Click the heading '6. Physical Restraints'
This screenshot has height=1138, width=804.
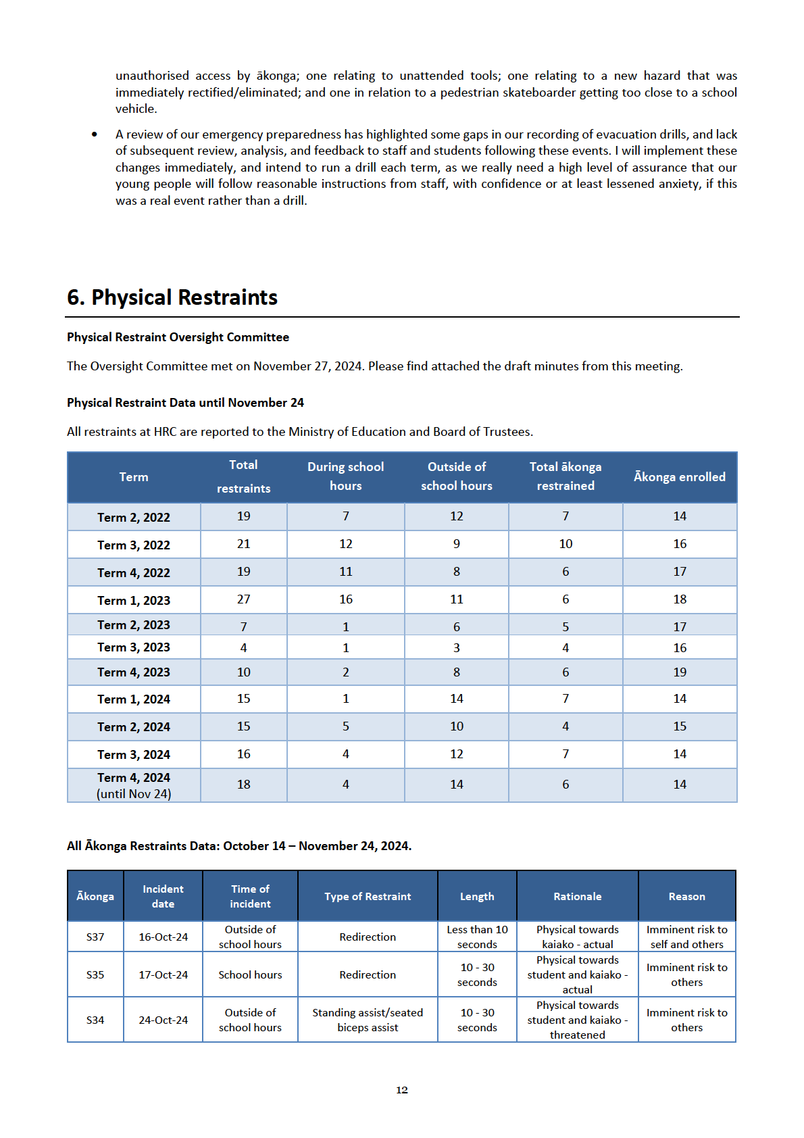pyautogui.click(x=172, y=297)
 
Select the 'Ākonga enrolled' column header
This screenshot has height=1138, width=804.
pyautogui.click(x=679, y=477)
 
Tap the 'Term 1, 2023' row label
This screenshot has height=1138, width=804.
pyautogui.click(x=134, y=600)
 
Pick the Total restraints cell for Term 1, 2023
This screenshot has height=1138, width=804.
pyautogui.click(x=243, y=599)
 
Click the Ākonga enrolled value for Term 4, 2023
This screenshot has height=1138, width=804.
pyautogui.click(x=679, y=672)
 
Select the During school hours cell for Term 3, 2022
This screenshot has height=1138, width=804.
pyautogui.click(x=345, y=544)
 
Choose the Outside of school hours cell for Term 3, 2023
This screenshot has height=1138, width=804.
pyautogui.click(x=456, y=647)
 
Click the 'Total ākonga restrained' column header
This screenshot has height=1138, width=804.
pyautogui.click(x=565, y=476)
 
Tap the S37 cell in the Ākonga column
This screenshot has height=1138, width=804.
pyautogui.click(x=95, y=937)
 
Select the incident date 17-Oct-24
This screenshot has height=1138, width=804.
pyautogui.click(x=163, y=975)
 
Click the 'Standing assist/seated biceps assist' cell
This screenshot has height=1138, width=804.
pyautogui.click(x=368, y=1020)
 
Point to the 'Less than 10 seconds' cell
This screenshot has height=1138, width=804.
pyautogui.click(x=477, y=937)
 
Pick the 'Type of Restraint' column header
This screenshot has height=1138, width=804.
pyautogui.click(x=368, y=897)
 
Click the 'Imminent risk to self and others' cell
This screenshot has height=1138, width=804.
pyautogui.click(x=686, y=937)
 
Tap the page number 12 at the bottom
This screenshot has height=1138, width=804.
pyautogui.click(x=402, y=1090)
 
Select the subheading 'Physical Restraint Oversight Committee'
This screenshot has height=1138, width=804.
pyautogui.click(x=178, y=337)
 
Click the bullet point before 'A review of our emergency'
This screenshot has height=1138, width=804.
pyautogui.click(x=95, y=135)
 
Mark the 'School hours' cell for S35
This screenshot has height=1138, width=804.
pyautogui.click(x=250, y=975)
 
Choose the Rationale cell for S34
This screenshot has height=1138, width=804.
pyautogui.click(x=577, y=1020)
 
